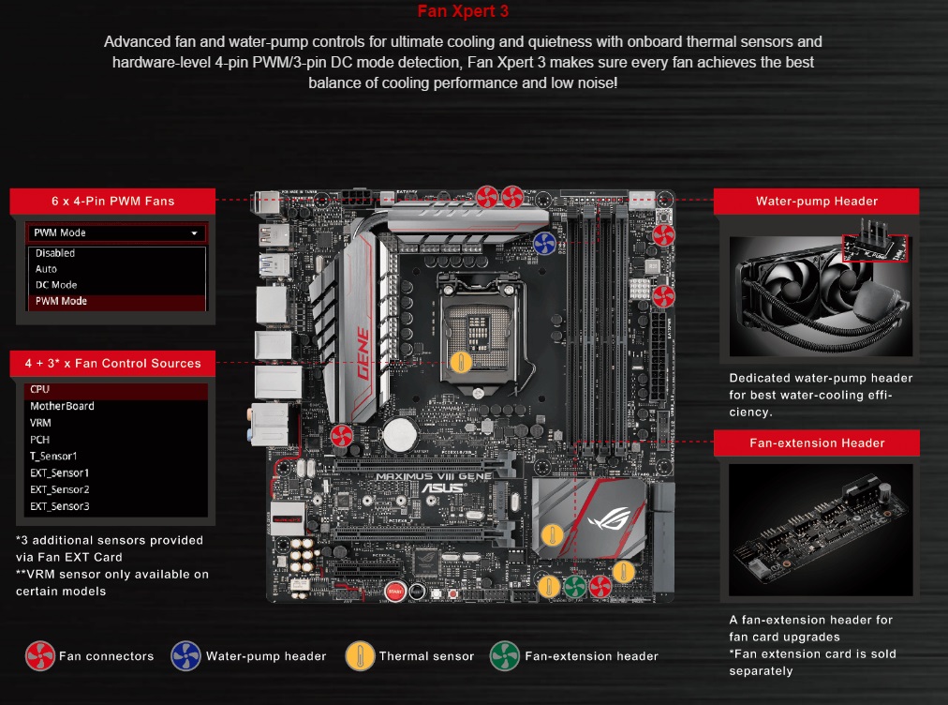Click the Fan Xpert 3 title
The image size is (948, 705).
point(463,11)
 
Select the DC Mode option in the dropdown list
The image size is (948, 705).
point(56,285)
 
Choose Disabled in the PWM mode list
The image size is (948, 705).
point(55,253)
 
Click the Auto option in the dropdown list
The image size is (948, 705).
point(46,269)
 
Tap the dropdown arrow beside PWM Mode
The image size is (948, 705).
point(194,233)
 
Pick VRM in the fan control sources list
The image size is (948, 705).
point(40,423)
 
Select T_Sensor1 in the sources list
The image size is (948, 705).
point(53,457)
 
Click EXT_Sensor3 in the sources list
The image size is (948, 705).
point(59,506)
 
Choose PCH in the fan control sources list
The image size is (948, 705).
point(40,440)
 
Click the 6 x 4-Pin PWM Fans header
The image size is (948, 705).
point(112,201)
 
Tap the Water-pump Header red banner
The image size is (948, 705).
point(816,201)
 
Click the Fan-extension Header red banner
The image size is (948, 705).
point(816,443)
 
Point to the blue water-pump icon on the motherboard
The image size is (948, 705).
point(544,243)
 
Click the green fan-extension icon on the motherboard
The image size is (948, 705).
point(574,586)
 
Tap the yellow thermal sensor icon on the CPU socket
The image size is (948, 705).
point(461,363)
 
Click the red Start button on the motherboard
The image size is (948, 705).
point(394,592)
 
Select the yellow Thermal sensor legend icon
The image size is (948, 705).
point(360,656)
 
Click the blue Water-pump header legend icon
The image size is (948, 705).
point(185,656)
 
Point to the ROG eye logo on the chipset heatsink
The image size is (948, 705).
point(610,518)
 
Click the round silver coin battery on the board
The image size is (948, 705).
point(400,434)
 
